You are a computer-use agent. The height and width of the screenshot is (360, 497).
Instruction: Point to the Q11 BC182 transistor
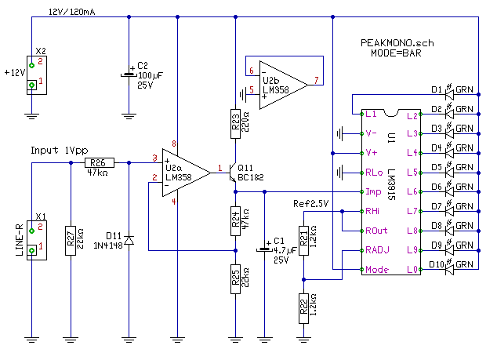(232, 176)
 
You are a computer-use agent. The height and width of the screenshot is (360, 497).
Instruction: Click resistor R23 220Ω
(236, 124)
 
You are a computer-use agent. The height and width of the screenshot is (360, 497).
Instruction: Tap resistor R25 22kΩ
(236, 279)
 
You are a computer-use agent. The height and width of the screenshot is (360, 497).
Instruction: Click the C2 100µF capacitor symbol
(129, 75)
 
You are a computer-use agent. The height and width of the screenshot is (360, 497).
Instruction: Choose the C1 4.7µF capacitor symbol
(265, 250)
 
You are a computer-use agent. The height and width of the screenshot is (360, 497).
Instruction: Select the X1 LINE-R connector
(32, 238)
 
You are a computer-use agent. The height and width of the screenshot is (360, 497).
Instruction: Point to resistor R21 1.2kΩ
(303, 238)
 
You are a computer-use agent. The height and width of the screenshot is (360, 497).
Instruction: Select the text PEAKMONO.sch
(397, 43)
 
